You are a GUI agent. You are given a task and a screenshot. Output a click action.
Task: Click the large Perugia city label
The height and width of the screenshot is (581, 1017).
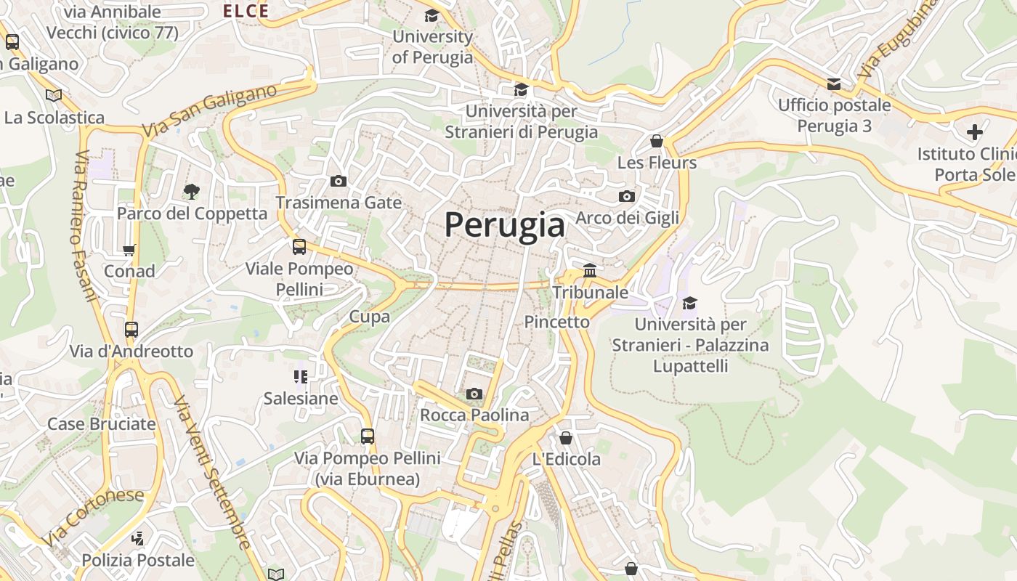[x=505, y=225]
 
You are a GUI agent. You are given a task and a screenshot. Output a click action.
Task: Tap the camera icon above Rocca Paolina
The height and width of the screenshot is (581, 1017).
[x=474, y=394]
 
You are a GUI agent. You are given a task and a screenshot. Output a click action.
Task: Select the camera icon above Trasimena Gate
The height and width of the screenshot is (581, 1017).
[x=339, y=181]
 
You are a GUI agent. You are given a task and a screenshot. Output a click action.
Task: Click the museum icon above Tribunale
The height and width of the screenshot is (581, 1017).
[x=590, y=271]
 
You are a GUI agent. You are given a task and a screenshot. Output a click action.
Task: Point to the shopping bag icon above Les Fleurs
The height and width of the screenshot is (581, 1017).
[x=657, y=141]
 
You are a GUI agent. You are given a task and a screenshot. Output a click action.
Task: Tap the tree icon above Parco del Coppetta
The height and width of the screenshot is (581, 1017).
[x=192, y=192]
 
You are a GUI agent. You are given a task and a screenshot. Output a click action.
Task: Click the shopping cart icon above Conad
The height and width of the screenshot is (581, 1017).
[x=129, y=250]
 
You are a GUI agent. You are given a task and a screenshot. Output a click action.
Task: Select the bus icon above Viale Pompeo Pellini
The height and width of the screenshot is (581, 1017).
[x=299, y=247]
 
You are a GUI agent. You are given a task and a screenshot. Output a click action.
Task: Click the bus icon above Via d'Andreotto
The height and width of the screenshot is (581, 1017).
[x=131, y=330]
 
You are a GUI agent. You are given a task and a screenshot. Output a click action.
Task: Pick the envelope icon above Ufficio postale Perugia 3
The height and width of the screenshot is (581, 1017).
[x=834, y=84]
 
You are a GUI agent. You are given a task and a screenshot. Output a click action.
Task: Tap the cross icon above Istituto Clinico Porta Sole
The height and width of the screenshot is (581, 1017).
[x=975, y=132]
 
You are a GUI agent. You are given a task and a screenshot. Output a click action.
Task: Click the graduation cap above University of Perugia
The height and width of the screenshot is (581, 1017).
[x=432, y=15]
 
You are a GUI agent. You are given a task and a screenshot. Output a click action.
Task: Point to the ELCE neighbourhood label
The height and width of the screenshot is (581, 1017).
[x=246, y=11]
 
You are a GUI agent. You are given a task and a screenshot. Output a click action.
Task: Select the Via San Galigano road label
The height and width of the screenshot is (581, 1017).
[x=210, y=111]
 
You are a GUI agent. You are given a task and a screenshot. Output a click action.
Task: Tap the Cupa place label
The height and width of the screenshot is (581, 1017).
[x=370, y=317]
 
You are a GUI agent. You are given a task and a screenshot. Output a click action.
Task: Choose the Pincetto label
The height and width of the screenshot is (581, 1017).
[x=557, y=322]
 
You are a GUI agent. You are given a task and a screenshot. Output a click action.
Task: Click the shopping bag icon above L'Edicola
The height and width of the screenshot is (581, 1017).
[x=566, y=438]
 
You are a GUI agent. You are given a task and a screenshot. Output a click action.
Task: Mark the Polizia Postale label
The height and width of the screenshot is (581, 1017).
[x=138, y=560]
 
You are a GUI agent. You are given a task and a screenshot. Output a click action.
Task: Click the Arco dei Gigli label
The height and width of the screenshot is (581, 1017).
[x=628, y=218]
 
